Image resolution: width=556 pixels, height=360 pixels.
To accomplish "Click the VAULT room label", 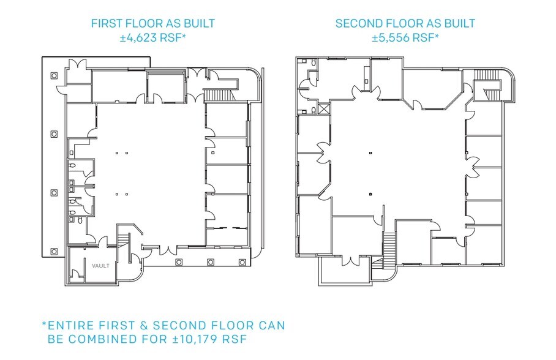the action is [100, 266].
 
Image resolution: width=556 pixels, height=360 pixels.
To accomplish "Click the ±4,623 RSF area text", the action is [153, 37].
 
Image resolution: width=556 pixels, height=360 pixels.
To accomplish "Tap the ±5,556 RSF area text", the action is [405, 37].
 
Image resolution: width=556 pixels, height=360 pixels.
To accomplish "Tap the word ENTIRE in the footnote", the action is [71, 325].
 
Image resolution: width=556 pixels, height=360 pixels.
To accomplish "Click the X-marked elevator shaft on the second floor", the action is [324, 108].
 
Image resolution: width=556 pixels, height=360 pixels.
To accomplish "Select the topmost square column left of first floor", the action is [54, 75].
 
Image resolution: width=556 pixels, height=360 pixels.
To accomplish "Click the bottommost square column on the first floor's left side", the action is [54, 252].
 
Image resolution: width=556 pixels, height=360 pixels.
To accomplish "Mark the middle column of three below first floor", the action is [211, 262].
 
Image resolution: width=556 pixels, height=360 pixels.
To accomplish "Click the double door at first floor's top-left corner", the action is [77, 65].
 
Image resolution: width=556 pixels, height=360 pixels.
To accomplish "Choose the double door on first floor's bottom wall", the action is [168, 250].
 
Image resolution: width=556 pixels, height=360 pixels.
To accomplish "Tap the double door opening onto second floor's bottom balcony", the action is [351, 261].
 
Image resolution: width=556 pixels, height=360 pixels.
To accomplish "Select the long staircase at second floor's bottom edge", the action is [389, 250].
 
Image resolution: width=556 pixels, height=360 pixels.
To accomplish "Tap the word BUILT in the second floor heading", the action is [459, 23].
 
